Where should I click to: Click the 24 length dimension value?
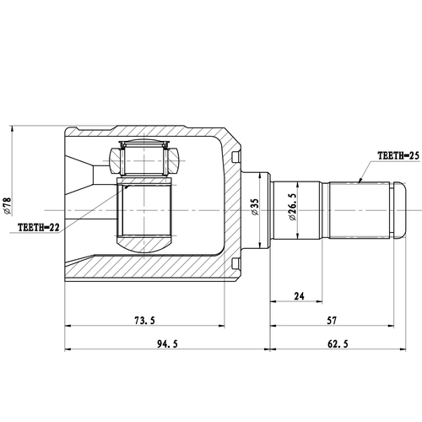click(x=298, y=295)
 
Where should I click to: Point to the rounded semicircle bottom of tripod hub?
click(x=144, y=246)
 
